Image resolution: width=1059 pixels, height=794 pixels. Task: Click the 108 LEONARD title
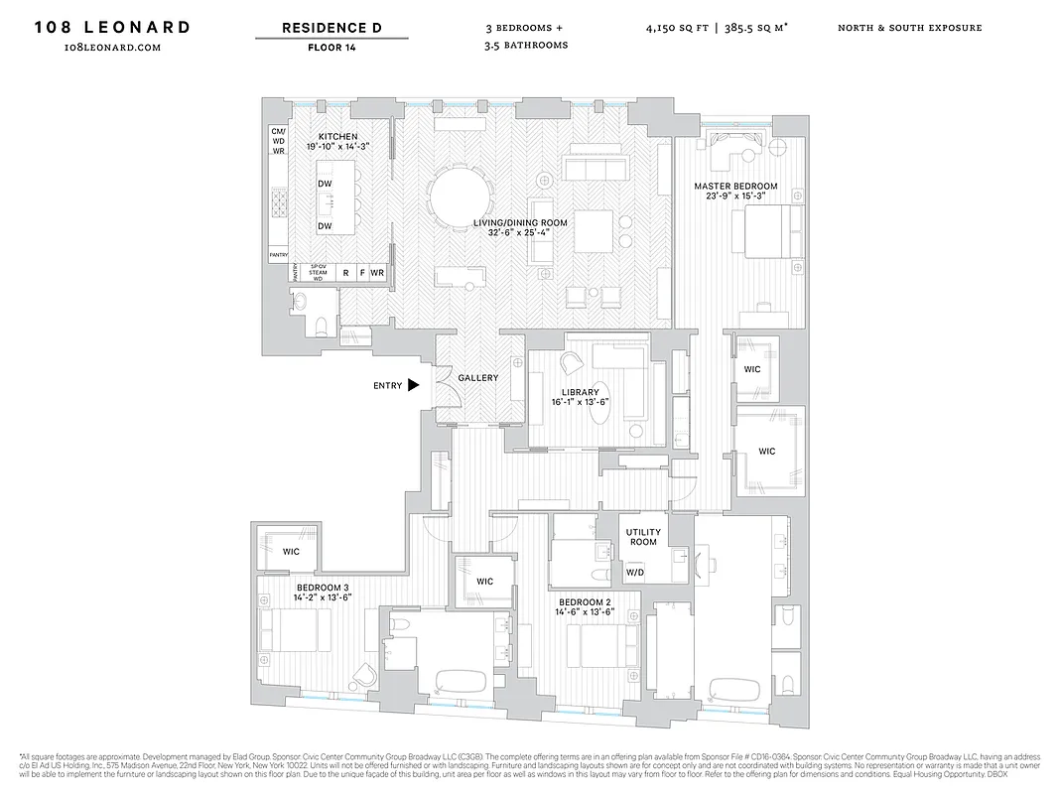tap(112, 27)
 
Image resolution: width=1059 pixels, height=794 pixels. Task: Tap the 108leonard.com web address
tap(112, 47)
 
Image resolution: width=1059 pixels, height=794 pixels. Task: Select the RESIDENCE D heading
tap(331, 27)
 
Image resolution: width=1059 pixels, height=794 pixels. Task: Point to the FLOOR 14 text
tap(331, 47)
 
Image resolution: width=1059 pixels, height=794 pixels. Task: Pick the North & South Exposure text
tap(909, 28)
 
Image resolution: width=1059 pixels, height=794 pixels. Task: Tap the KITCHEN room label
tap(337, 137)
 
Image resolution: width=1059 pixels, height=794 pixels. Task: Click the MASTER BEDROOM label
tap(735, 187)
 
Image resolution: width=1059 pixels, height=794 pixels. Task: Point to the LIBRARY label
tap(580, 392)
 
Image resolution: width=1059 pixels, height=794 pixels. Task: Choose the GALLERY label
tap(477, 378)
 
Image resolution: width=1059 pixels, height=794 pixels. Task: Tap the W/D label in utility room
tap(633, 573)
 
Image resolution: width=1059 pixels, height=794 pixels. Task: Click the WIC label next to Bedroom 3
tap(291, 551)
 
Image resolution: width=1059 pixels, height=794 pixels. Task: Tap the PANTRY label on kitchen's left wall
tap(278, 255)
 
